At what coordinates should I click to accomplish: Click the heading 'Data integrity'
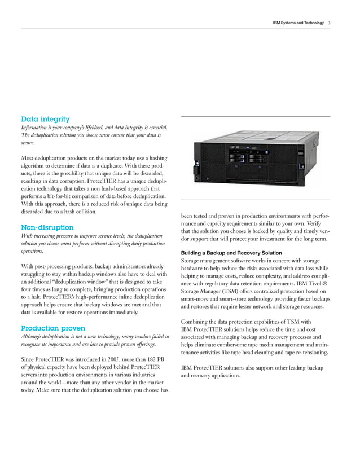click(x=45, y=119)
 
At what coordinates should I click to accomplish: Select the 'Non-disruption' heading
click(x=47, y=227)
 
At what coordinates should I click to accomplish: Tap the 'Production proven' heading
click(x=53, y=328)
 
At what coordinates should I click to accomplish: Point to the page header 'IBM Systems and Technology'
click(x=298, y=23)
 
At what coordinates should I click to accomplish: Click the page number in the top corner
click(x=330, y=23)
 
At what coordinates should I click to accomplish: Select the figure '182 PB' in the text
click(x=155, y=359)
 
